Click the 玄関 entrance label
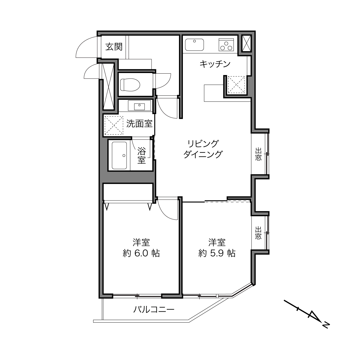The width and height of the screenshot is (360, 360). coord(114,47)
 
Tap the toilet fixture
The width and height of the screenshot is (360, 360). coord(130,85)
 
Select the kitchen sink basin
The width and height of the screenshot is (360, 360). coord(194,45)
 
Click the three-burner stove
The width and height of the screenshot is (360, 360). coord(226,45)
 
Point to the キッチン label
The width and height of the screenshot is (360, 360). coord(215,64)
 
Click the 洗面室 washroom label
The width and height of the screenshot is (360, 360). coord(139,123)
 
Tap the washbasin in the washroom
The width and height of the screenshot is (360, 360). coord(139,106)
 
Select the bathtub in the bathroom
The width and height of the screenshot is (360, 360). coord(119,156)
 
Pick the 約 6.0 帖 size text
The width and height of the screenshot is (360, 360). coord(141,253)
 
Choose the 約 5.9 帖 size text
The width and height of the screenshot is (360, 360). coord(217,253)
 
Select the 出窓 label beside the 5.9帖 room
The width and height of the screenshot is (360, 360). coord(258,233)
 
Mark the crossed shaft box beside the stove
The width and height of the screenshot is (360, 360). coord(247,43)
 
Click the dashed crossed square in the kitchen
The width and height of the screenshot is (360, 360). coord(236,85)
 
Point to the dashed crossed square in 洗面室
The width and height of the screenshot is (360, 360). coord(114,125)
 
